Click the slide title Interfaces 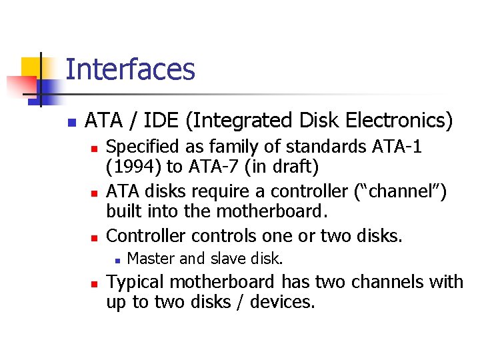(130, 70)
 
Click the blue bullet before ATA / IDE (71, 123)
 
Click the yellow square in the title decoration (30, 67)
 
